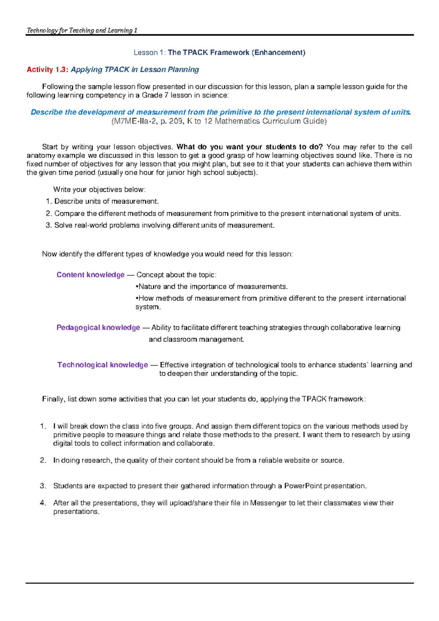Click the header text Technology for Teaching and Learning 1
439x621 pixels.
(x=82, y=30)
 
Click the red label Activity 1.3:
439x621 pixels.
(x=47, y=69)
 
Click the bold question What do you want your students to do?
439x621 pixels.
(x=249, y=147)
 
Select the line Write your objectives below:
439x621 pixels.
(x=99, y=189)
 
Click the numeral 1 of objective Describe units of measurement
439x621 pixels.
(x=48, y=201)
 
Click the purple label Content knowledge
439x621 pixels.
(x=90, y=274)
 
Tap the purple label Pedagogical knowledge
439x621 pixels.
(x=98, y=327)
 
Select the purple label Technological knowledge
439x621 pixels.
(x=102, y=365)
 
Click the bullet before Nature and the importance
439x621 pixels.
(x=137, y=287)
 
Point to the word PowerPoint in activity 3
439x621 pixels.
(x=303, y=486)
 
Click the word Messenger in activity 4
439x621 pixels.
(x=268, y=503)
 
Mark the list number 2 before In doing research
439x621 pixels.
(x=43, y=460)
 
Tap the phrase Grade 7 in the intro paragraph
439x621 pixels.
(x=150, y=95)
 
